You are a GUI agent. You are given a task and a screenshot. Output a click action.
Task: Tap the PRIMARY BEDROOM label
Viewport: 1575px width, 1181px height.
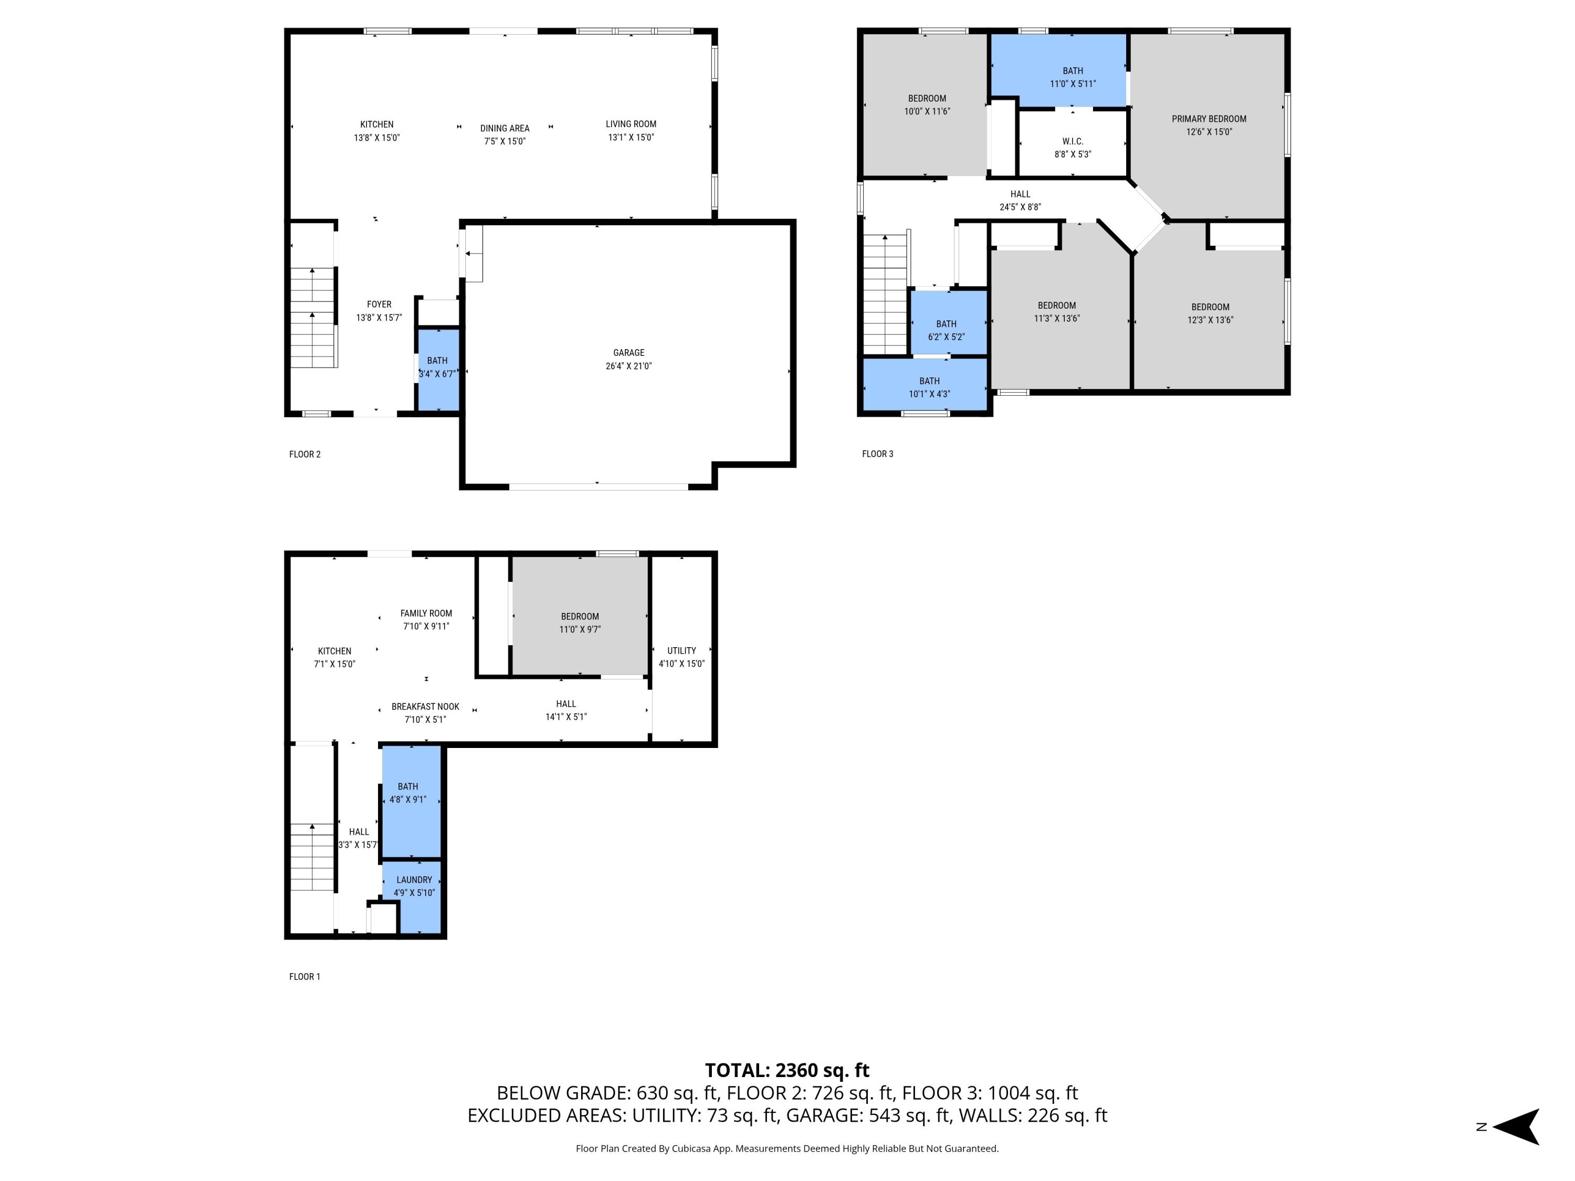click(x=1209, y=119)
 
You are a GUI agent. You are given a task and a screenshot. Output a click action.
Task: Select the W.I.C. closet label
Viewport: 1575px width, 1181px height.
click(x=1072, y=142)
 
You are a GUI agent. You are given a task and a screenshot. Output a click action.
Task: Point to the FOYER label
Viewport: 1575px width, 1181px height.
click(x=379, y=304)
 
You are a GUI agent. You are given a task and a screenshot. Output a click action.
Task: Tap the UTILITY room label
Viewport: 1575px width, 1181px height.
click(x=681, y=650)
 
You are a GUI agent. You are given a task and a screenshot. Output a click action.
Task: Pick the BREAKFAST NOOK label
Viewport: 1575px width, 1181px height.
click(x=425, y=706)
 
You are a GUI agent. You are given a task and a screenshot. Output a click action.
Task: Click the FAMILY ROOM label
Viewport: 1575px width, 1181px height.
click(x=426, y=613)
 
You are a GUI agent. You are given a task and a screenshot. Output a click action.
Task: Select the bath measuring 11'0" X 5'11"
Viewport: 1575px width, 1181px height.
click(x=1072, y=77)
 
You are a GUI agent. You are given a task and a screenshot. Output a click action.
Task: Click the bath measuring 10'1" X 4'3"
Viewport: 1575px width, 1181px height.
click(x=929, y=386)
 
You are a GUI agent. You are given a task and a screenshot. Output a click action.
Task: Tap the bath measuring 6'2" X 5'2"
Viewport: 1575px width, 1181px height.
click(x=946, y=330)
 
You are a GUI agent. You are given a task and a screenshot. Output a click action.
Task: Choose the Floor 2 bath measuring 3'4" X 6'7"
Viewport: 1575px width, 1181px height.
click(x=437, y=367)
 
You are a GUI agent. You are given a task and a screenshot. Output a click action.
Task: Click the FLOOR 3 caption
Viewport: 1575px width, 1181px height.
click(x=877, y=454)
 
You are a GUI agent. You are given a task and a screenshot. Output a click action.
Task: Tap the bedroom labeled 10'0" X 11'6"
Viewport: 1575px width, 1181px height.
click(x=926, y=104)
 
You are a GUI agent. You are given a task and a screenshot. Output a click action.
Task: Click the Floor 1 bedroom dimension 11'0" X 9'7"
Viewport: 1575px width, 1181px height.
click(x=580, y=629)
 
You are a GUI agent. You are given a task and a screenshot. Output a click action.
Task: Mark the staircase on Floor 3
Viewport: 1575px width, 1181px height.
click(x=885, y=296)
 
